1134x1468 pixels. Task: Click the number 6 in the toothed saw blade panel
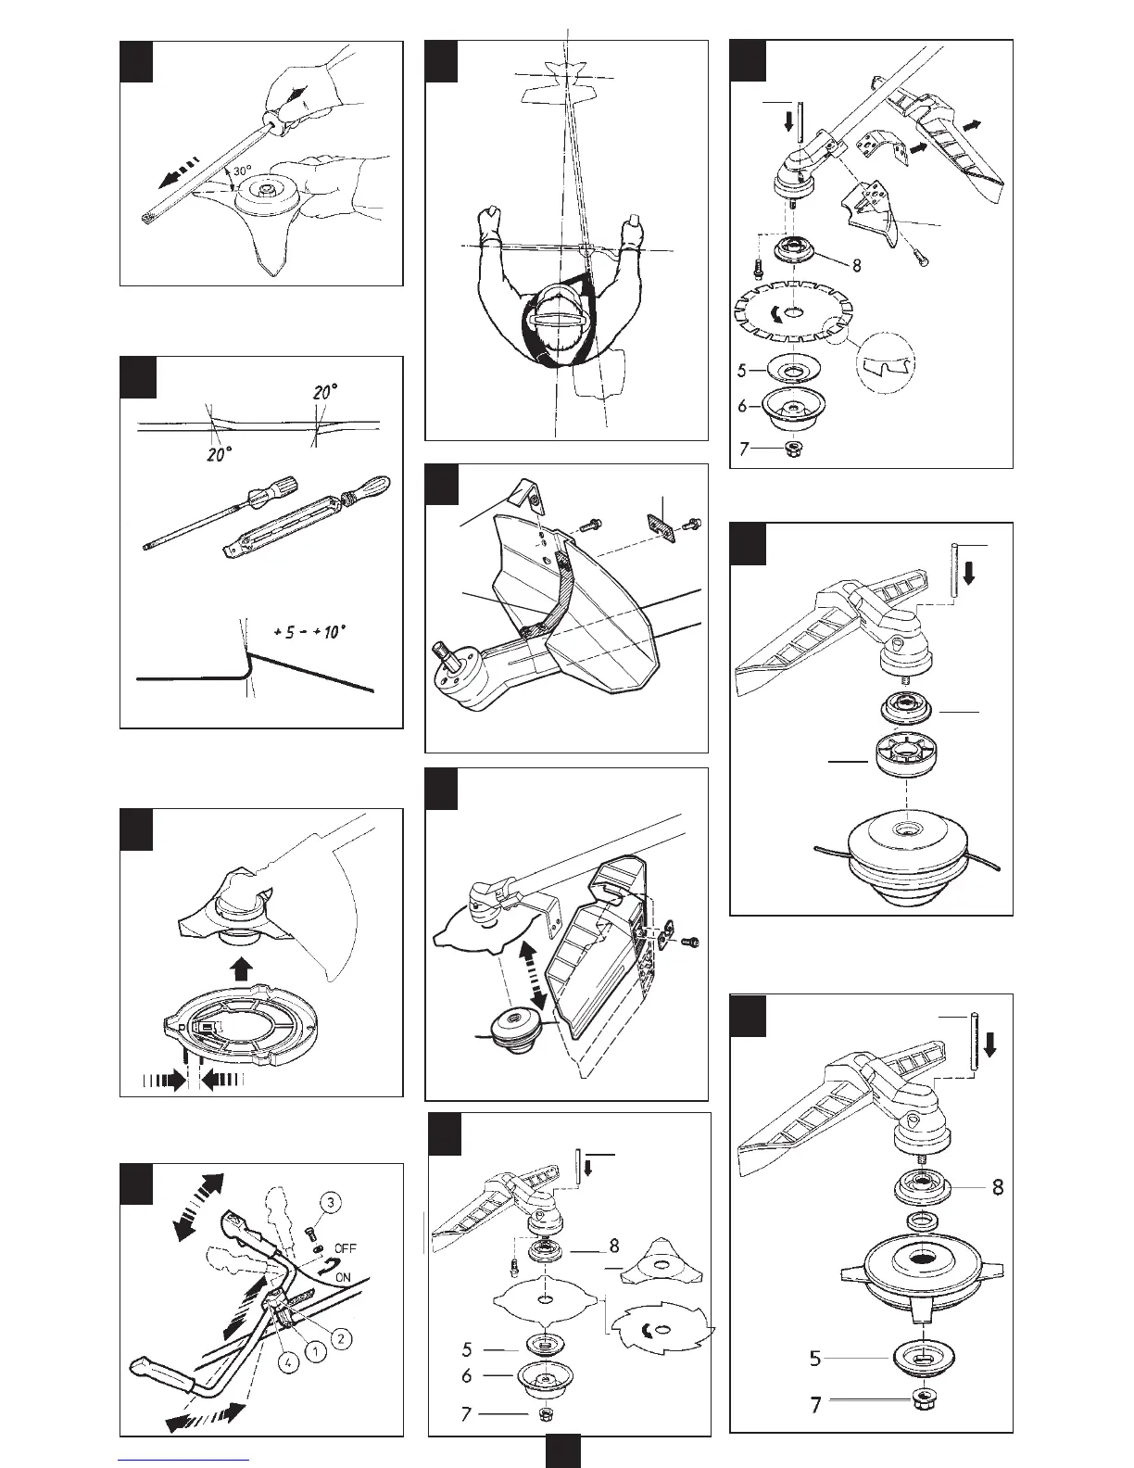[x=742, y=406]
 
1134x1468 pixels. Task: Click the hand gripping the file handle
[x=301, y=93]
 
